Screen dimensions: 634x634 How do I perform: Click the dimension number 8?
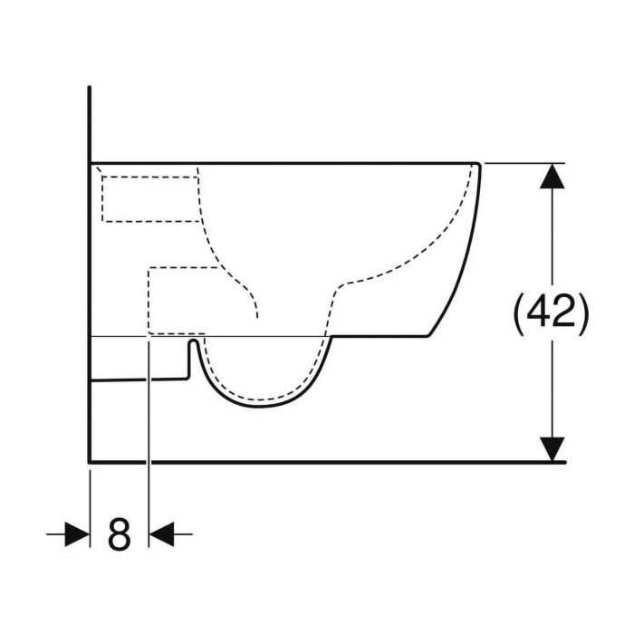(120, 533)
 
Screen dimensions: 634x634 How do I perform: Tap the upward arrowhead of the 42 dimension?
(552, 176)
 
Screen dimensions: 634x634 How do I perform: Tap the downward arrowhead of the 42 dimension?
(552, 449)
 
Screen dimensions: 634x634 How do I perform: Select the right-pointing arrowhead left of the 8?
(78, 534)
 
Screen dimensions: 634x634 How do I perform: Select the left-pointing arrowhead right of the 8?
(161, 534)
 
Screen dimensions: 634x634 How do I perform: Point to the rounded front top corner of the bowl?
(478, 164)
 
